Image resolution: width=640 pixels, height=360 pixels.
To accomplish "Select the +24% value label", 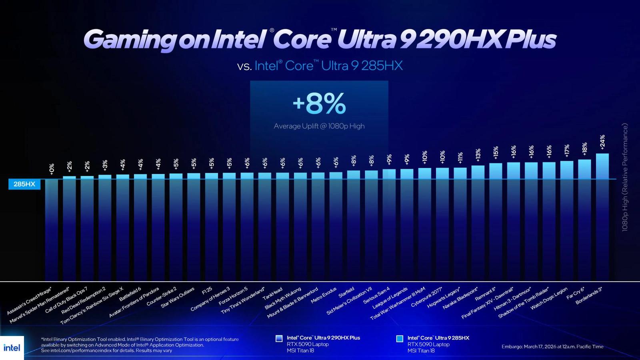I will (x=602, y=142).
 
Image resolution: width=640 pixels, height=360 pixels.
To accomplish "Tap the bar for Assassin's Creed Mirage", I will (x=52, y=228).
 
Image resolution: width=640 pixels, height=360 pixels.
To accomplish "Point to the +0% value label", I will (x=52, y=169).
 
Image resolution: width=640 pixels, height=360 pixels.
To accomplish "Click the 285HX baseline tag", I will (x=24, y=184).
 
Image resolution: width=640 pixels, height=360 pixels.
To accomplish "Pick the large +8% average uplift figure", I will (x=319, y=103).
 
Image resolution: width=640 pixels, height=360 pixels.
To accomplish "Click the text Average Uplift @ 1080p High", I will (x=319, y=126).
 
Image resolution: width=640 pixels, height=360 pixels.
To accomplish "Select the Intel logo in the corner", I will (x=12, y=348).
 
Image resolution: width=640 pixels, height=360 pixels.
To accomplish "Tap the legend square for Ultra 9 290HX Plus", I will (x=279, y=338).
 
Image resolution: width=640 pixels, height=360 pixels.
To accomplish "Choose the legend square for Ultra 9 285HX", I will (x=400, y=338).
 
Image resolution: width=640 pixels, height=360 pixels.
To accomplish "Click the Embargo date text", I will (x=552, y=346).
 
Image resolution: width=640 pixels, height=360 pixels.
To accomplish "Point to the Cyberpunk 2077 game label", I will (x=426, y=297).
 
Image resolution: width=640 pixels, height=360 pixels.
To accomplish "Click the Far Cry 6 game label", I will (x=575, y=293).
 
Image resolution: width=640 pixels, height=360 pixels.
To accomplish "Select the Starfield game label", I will (x=346, y=292).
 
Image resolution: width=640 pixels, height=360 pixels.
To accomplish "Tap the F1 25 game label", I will (x=207, y=291).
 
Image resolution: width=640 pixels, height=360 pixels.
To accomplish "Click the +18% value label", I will (x=584, y=149).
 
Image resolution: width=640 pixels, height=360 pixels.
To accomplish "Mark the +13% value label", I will (x=478, y=155).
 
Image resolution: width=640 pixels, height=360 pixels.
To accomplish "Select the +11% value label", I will (x=460, y=158).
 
